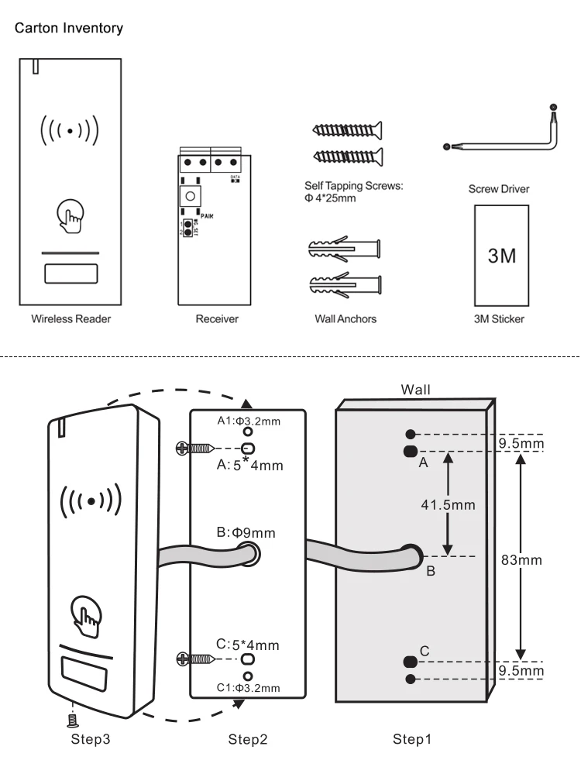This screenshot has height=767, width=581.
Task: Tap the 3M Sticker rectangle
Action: click(x=500, y=255)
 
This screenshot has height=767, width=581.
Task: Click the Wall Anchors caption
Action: click(x=346, y=318)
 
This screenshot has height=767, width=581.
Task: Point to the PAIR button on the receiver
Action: click(x=187, y=197)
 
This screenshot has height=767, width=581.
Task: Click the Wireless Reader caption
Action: click(x=70, y=318)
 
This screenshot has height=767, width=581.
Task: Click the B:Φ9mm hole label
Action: click(x=246, y=532)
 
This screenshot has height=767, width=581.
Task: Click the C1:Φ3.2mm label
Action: click(x=248, y=687)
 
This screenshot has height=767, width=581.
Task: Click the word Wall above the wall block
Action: click(x=415, y=390)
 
